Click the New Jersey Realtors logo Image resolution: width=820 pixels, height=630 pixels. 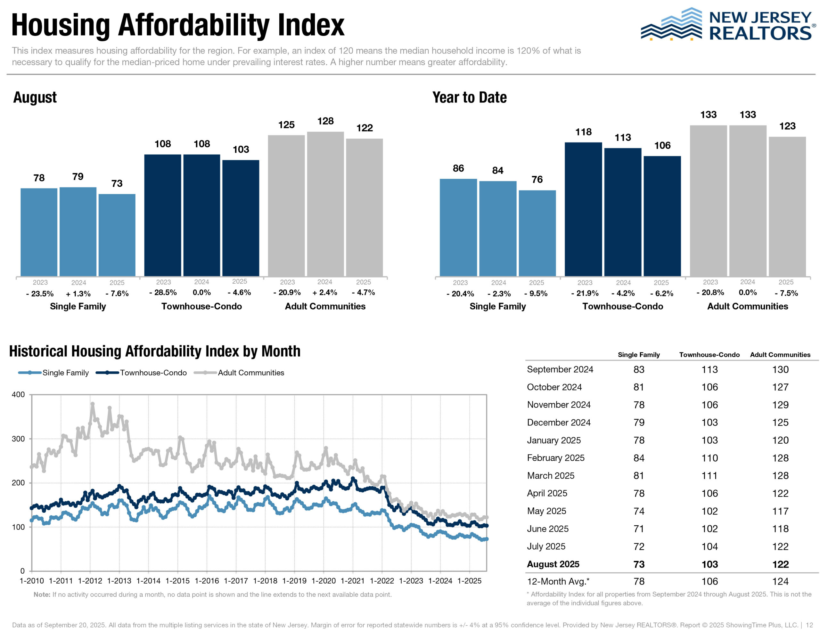(727, 25)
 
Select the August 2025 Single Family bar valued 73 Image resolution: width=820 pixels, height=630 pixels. (117, 235)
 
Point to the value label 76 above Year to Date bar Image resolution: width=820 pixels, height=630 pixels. (537, 180)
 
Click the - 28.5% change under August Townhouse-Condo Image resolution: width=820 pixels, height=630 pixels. (163, 293)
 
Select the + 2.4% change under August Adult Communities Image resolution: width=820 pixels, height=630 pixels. (324, 293)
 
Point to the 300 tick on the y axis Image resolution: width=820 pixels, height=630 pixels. (18, 439)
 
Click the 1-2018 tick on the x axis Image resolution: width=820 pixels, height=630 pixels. (265, 581)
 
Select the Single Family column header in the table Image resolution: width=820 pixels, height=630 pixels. (638, 355)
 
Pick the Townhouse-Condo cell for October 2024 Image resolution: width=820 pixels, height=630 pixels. (709, 387)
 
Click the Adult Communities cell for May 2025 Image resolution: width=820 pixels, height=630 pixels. (780, 511)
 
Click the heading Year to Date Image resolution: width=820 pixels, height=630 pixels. (469, 98)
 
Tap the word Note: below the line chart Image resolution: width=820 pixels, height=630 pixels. (42, 594)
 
